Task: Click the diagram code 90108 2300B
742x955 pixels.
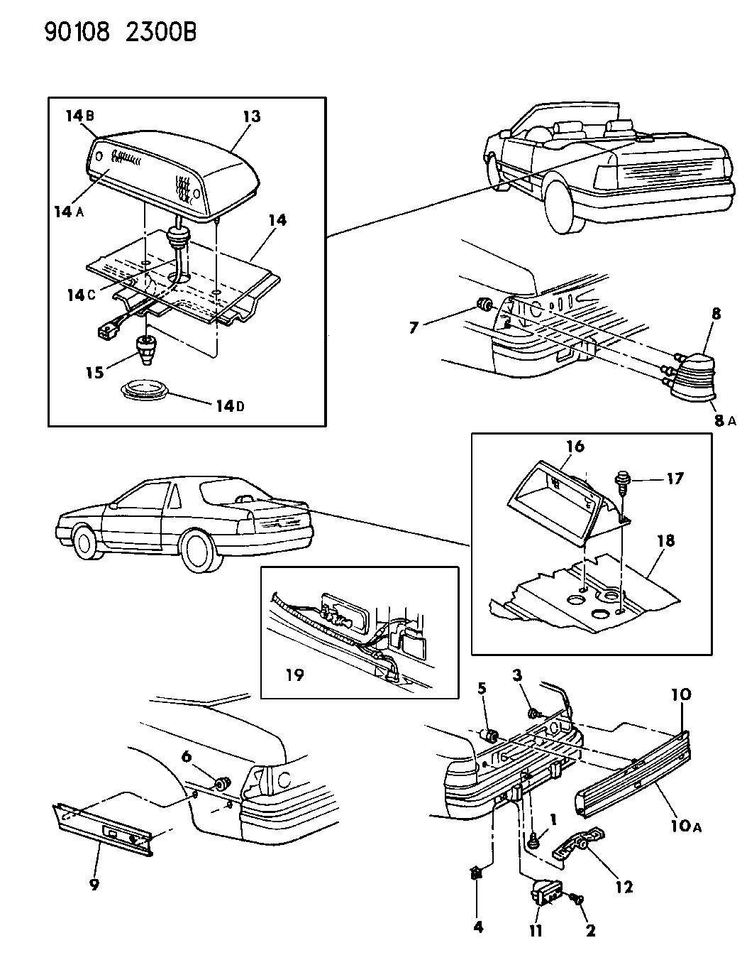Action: pyautogui.click(x=120, y=33)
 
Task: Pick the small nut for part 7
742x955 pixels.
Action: pyautogui.click(x=485, y=306)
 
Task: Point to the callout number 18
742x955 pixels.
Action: pyautogui.click(x=665, y=541)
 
